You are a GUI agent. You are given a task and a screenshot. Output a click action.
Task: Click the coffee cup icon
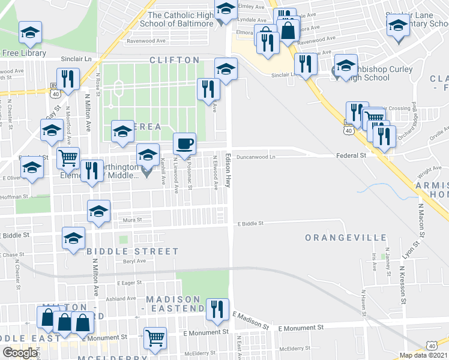pos(184,143)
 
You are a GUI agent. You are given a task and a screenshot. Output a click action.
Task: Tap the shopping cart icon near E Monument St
pos(155,338)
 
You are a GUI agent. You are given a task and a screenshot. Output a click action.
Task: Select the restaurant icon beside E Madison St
pos(217,309)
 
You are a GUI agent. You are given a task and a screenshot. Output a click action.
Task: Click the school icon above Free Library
pos(30,34)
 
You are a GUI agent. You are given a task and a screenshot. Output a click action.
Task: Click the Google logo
pos(19,353)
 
